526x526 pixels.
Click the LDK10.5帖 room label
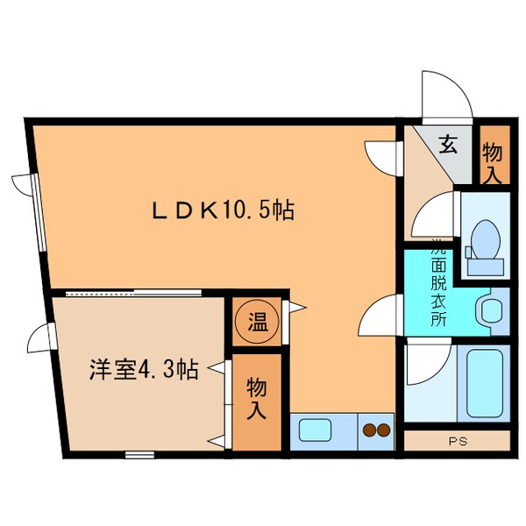pos(223,210)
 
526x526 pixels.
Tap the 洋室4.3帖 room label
pos(142,370)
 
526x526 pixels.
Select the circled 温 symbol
pos(257,322)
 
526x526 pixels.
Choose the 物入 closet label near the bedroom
pos(257,399)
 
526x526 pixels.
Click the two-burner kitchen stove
pos(376,430)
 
